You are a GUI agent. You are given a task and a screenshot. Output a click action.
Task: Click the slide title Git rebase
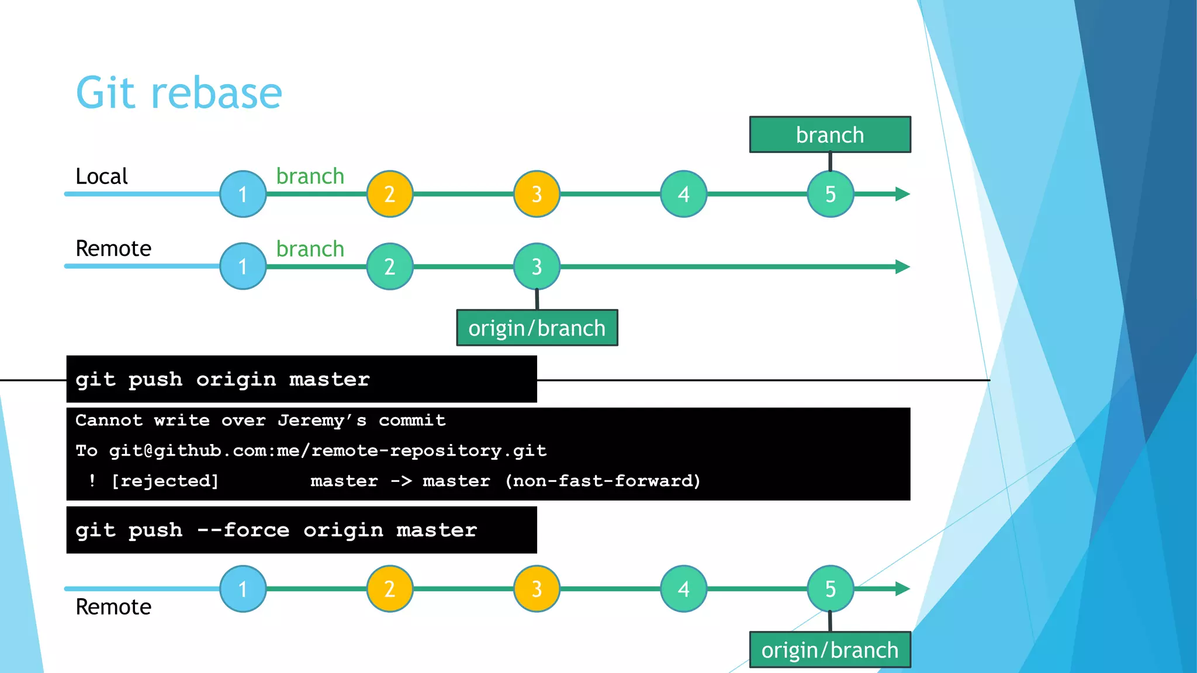point(179,93)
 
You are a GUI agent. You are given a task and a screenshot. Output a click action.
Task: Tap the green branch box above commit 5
point(829,135)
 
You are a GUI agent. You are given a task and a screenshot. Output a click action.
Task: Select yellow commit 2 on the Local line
point(390,194)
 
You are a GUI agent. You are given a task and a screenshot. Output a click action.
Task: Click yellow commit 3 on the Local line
point(537,194)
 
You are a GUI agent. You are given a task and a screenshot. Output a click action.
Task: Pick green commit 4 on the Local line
point(683,194)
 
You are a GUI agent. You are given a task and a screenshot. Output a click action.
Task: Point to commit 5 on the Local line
point(830,194)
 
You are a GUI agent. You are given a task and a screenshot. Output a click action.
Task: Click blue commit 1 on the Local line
point(243,194)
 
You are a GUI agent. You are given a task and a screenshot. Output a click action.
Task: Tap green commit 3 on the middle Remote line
point(537,266)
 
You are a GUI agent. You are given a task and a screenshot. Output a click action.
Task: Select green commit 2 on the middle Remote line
point(390,266)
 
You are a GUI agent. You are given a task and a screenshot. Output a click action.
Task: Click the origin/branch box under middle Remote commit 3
point(537,328)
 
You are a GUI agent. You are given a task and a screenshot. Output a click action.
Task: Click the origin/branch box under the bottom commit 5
point(829,650)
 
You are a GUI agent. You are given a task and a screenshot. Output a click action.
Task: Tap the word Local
point(102,176)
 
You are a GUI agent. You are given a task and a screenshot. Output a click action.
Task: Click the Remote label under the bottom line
point(113,607)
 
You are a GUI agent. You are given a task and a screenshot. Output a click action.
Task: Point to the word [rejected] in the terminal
point(165,481)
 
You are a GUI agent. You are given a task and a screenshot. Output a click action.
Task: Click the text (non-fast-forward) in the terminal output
point(603,481)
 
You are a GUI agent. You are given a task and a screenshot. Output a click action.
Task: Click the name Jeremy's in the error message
point(322,421)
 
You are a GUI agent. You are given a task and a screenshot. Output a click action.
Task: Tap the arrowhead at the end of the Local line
point(902,194)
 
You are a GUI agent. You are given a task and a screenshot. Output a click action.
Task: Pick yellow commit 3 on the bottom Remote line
point(537,589)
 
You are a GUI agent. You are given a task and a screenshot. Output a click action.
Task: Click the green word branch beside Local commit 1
point(310,176)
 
